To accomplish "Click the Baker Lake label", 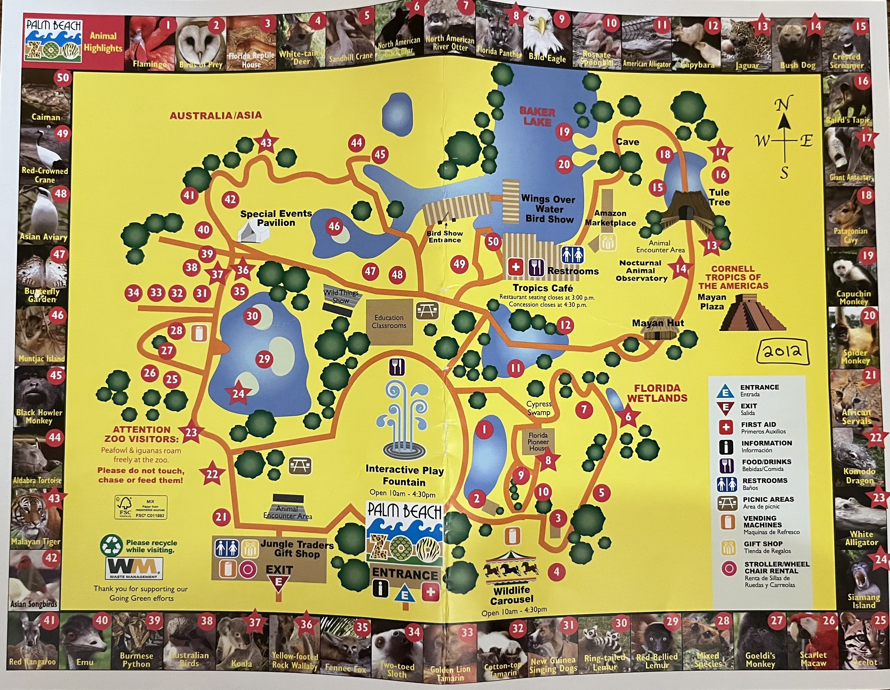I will [x=537, y=117].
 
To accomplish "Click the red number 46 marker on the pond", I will [x=334, y=226].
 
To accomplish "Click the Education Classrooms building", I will [x=389, y=322].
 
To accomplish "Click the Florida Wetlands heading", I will [x=657, y=393].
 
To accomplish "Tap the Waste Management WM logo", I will [x=134, y=567].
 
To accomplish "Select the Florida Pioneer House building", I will [x=538, y=442].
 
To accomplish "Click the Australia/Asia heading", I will [x=215, y=116].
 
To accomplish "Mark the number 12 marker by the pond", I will [x=565, y=325].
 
